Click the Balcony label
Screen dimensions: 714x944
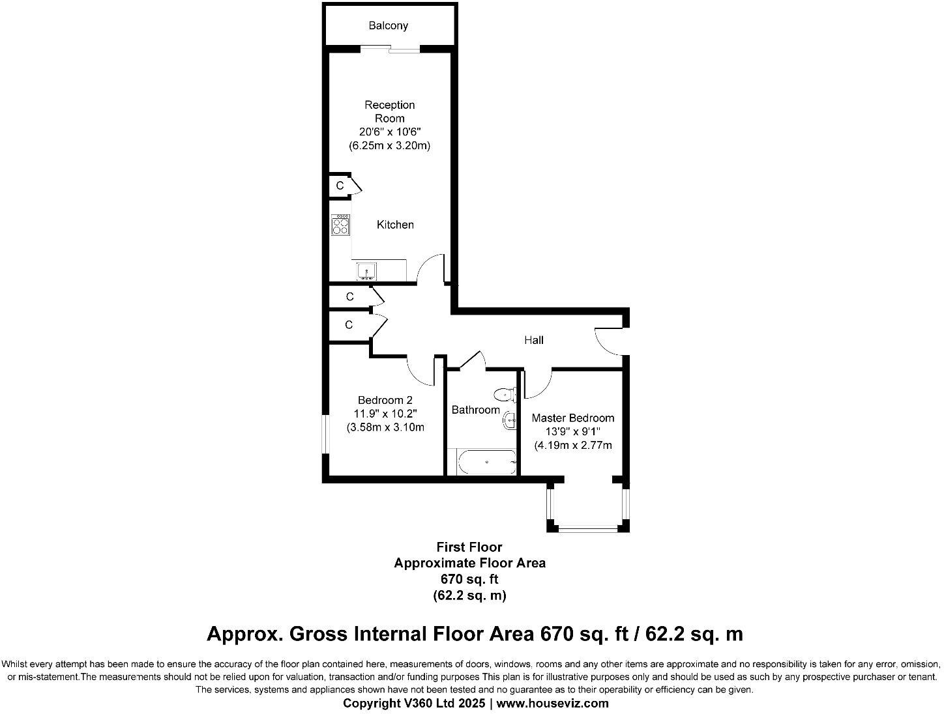coord(388,25)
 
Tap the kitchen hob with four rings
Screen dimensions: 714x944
coord(340,225)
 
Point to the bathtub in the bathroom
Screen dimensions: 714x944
coord(486,462)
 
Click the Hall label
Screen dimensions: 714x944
coord(533,340)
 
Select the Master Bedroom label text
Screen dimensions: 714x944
coord(572,418)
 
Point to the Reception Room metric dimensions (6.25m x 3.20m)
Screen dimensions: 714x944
coord(389,146)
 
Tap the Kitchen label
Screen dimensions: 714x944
coord(395,225)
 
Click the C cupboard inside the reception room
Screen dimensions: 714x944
coord(340,186)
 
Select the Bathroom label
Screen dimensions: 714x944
coord(475,410)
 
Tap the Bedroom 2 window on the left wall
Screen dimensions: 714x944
coord(324,433)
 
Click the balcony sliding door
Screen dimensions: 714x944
coord(391,48)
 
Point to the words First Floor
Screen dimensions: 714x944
coord(469,547)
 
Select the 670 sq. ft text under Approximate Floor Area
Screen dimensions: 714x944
coord(469,578)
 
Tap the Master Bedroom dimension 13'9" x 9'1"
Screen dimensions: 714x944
coord(572,431)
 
